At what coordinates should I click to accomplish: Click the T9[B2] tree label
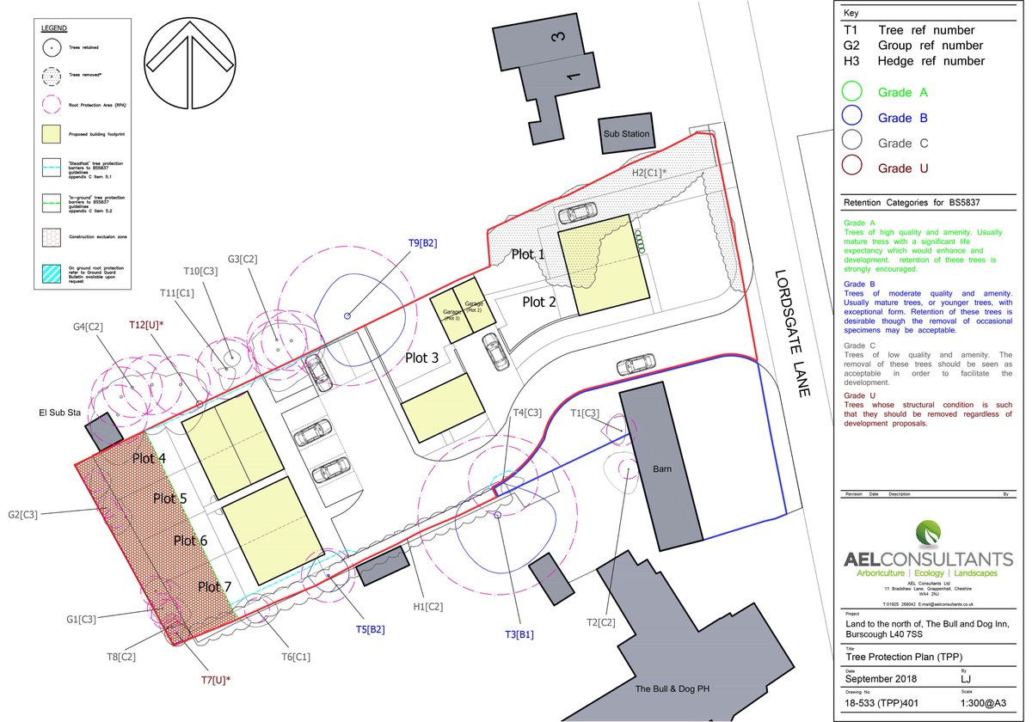coord(422,243)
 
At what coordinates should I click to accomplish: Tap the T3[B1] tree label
coord(519,634)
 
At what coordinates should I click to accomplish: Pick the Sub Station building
coord(626,134)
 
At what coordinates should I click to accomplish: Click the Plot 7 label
coord(216,587)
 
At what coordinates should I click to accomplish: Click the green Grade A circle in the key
coord(852,92)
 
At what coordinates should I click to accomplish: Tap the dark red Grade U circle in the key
coord(852,168)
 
